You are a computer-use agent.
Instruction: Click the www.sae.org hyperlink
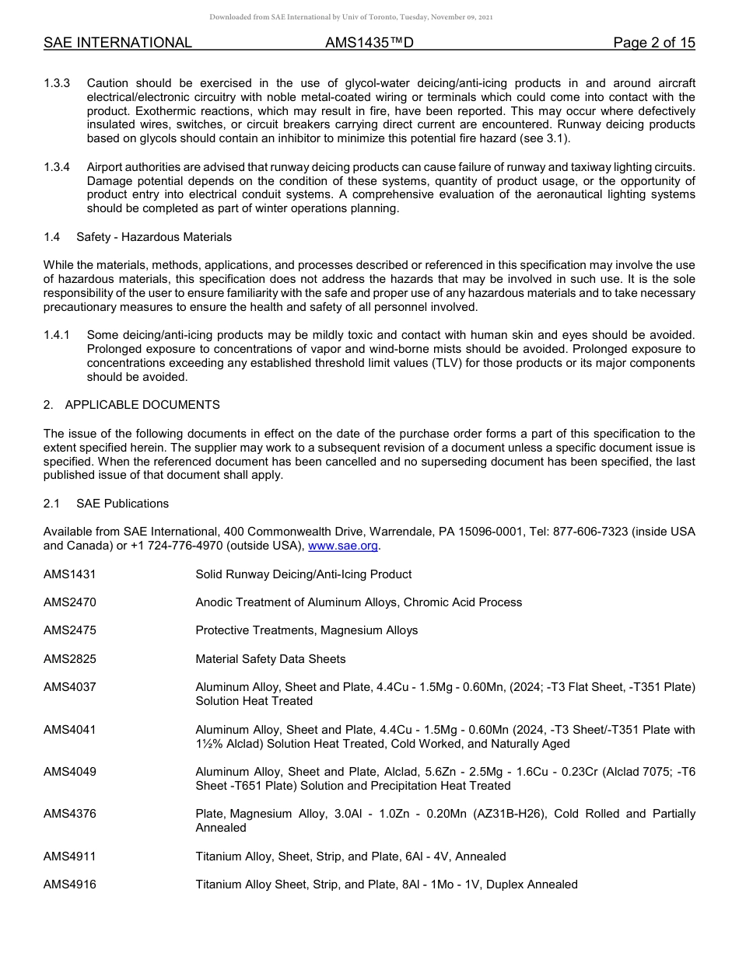click(343, 546)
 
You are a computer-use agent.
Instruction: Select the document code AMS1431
click(70, 574)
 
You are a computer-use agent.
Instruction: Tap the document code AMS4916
click(70, 884)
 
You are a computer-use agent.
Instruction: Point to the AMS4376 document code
click(70, 814)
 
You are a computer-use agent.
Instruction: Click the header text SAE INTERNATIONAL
click(117, 43)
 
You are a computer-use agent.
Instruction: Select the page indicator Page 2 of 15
click(653, 43)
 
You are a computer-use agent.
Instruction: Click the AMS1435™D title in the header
click(369, 43)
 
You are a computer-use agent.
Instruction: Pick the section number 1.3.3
click(57, 83)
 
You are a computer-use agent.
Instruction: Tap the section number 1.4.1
click(57, 335)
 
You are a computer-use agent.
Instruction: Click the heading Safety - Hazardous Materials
click(154, 237)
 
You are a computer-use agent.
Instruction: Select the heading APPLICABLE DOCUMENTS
click(142, 405)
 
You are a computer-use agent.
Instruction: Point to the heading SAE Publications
click(122, 504)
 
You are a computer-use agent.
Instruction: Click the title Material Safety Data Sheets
click(271, 659)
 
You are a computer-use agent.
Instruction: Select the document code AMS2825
click(70, 659)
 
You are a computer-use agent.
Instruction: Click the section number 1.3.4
click(57, 167)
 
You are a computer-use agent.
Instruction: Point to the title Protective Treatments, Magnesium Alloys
click(306, 630)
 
